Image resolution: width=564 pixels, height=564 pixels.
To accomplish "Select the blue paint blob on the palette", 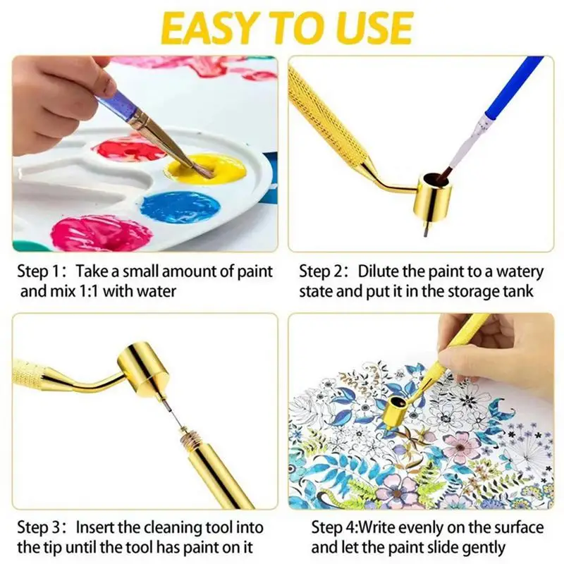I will tap(180, 207).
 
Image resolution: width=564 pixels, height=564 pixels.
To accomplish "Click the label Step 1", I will tap(39, 271).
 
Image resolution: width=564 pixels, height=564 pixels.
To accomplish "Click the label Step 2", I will tap(322, 271).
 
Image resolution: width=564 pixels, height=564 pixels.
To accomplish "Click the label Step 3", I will tap(39, 528).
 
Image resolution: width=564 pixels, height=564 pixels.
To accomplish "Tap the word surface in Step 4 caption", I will tap(518, 528).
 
